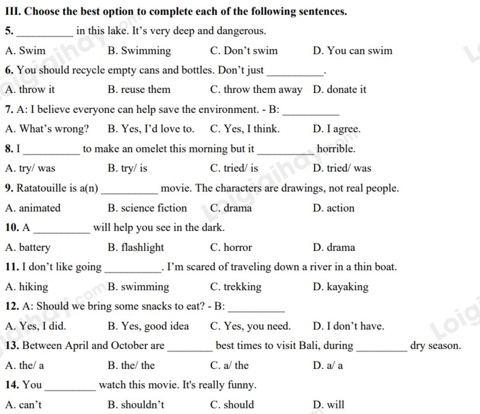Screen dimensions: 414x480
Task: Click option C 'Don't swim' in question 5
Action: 244,51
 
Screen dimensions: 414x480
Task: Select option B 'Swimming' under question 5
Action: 139,51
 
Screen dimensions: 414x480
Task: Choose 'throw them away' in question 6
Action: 256,90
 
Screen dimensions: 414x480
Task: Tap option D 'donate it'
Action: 339,90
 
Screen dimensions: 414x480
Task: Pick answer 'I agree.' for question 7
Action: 337,129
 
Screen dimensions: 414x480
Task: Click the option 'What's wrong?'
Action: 47,129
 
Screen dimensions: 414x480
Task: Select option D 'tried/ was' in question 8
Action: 342,168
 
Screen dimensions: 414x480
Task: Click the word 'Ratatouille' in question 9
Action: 42,188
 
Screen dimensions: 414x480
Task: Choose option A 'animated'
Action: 33,208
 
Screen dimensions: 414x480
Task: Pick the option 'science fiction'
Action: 147,208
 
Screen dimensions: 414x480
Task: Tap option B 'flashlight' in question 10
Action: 136,247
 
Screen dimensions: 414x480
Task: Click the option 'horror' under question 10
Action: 231,247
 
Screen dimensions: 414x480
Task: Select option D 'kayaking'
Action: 340,286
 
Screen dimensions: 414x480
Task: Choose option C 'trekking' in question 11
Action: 236,286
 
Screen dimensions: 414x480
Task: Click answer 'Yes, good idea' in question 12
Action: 148,326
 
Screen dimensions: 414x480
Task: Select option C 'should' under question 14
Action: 232,405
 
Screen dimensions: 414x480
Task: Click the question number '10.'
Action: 12,228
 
